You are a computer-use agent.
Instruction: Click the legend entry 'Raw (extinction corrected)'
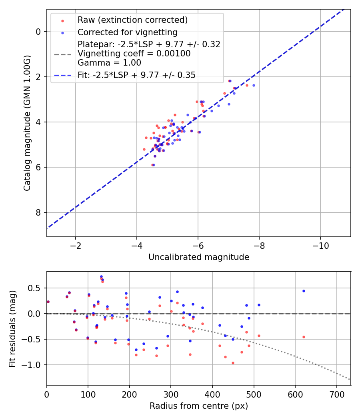tap(132, 20)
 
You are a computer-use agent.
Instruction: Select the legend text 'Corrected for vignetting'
tap(128, 32)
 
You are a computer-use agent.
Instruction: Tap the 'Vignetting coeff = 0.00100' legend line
tap(134, 54)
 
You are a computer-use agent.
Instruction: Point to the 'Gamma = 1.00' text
tap(109, 63)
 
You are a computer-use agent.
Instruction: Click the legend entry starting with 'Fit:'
tap(137, 75)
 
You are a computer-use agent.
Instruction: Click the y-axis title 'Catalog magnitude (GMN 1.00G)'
tap(27, 123)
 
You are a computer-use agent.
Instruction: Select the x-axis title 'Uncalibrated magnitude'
tap(199, 257)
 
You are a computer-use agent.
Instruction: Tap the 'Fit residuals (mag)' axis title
tap(12, 329)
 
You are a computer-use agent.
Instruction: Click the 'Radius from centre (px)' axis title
tap(199, 406)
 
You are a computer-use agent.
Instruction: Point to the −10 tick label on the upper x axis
tap(320, 246)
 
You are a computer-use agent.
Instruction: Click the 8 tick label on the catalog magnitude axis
tap(38, 212)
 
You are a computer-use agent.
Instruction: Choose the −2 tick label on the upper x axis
tap(76, 246)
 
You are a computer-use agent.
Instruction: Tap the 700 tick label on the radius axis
tap(337, 394)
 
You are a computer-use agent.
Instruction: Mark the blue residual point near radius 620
tap(304, 291)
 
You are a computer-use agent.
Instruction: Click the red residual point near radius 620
tap(304, 337)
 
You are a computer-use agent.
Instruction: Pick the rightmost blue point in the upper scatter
tap(254, 86)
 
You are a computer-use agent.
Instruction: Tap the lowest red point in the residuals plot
tap(233, 363)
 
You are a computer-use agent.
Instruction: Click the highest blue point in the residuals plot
tap(101, 277)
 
